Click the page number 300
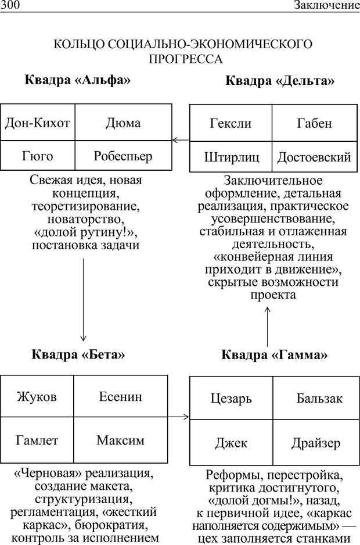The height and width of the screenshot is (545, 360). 10,6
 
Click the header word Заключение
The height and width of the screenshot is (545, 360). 326,6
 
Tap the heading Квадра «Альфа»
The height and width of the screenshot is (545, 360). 77,80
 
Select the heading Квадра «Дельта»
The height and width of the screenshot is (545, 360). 280,81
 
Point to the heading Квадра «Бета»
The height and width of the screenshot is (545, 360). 78,353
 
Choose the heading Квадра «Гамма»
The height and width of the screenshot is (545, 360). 274,354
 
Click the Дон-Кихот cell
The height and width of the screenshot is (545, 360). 37,123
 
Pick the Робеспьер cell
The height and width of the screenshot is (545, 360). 123,156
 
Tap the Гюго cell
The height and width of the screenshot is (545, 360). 37,156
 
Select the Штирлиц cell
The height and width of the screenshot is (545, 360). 231,157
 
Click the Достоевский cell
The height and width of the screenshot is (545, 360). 314,157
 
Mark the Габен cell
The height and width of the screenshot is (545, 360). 314,123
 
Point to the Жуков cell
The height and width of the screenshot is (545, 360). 37,397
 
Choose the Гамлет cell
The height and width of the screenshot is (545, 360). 37,440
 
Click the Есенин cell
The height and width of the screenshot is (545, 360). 120,397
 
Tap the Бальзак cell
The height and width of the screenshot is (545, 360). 319,399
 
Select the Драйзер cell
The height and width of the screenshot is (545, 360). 316,443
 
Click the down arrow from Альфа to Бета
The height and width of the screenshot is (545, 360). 83,299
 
